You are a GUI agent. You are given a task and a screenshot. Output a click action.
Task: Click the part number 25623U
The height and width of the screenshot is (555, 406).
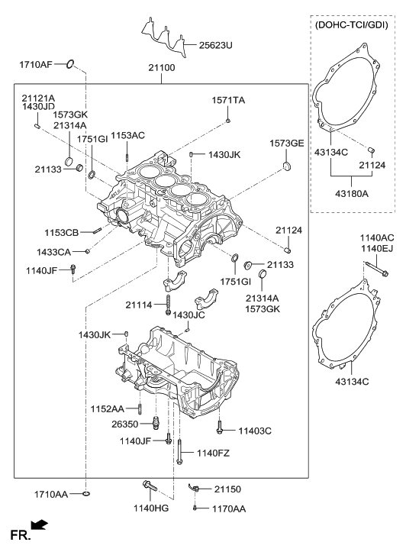coord(215,45)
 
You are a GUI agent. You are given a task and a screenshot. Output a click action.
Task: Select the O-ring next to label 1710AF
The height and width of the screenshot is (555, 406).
coord(70,64)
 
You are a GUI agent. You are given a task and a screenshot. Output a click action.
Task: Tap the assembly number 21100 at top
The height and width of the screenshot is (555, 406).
coord(162,67)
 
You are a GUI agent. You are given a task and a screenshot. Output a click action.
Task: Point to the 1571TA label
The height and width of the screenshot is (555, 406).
coord(228,100)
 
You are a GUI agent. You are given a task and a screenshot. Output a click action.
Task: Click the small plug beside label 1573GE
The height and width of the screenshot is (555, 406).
coord(287,166)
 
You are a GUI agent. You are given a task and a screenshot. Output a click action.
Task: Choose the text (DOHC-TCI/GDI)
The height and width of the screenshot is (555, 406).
coord(352,25)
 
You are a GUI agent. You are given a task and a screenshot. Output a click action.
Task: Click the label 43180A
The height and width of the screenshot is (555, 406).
coord(352,194)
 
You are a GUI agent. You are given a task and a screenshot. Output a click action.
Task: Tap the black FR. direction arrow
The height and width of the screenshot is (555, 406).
coord(39,525)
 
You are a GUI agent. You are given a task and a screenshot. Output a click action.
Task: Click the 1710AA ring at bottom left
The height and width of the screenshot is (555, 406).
coord(86,493)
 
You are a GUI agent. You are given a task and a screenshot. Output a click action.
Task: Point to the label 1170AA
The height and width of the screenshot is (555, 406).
coord(229,508)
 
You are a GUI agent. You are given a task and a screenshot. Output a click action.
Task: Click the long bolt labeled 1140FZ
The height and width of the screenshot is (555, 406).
coord(180,452)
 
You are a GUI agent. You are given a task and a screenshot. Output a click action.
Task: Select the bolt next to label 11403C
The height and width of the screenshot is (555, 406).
coord(220,427)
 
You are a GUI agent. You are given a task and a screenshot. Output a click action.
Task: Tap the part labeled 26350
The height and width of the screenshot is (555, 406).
coord(155,421)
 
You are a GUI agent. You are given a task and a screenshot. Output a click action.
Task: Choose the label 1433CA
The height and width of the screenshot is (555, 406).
coord(53,252)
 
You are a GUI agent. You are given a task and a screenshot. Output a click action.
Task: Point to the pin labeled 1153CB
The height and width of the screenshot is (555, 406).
coord(98,231)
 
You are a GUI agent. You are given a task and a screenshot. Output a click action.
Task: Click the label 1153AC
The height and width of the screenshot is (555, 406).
coord(127,136)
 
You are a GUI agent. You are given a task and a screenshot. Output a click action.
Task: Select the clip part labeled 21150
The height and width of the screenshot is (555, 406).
coord(195,488)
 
